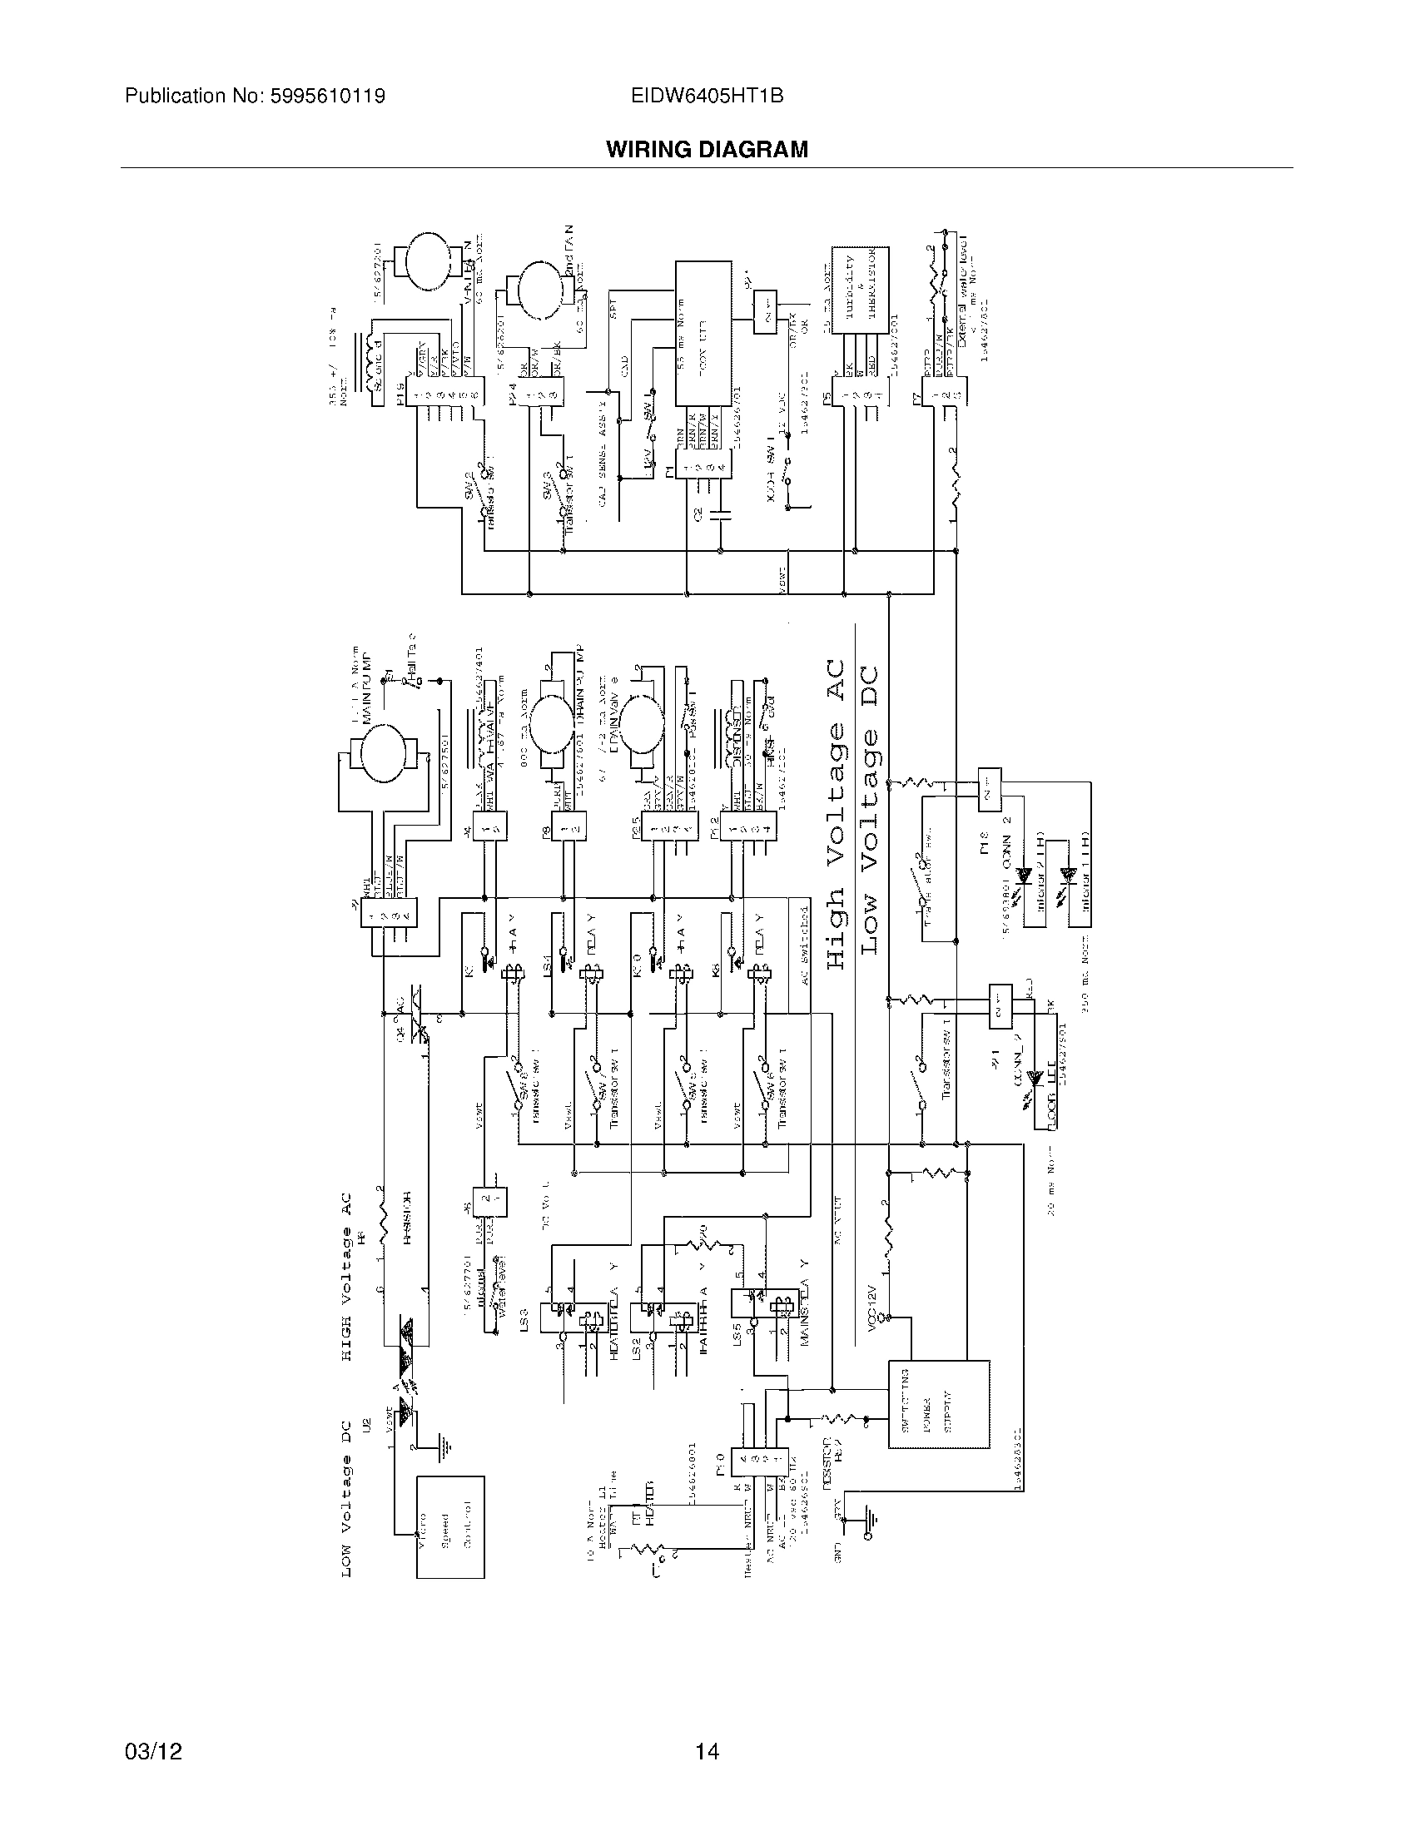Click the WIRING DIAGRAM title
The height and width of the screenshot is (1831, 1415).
tap(707, 149)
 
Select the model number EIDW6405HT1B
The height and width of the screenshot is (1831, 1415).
tap(707, 97)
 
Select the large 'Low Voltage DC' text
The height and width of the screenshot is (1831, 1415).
tap(871, 809)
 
